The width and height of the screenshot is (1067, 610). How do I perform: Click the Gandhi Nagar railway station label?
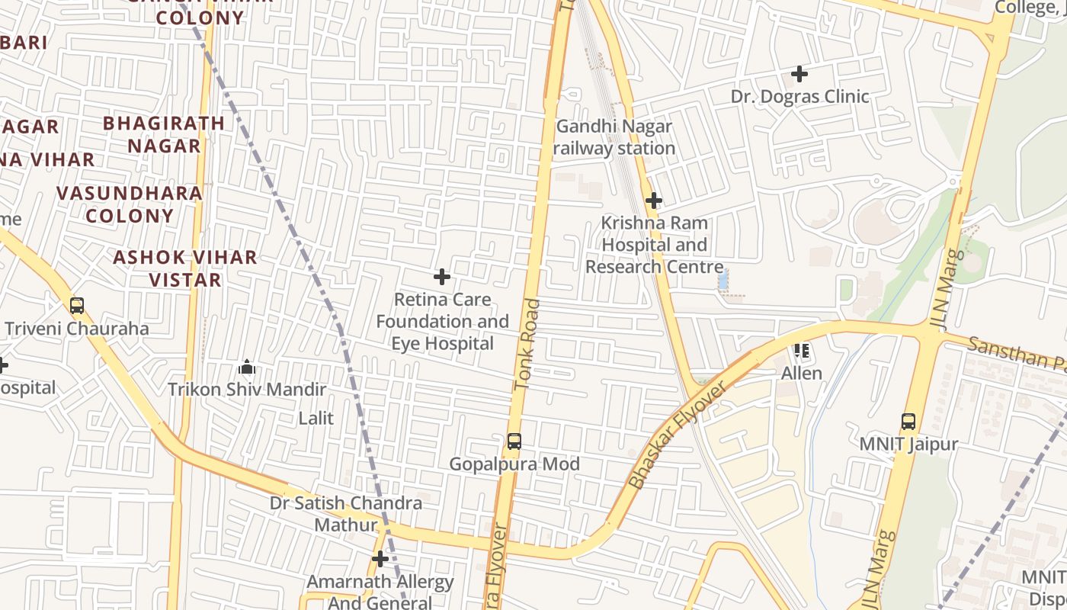614,137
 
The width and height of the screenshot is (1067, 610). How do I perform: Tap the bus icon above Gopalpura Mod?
514,441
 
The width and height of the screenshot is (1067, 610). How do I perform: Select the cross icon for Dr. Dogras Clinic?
799,74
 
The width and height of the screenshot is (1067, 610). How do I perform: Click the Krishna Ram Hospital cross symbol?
653,201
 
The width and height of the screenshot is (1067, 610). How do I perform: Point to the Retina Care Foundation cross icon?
441,277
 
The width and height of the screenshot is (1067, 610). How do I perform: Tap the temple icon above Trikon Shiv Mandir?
246,368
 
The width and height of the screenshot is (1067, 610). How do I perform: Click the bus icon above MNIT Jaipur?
908,422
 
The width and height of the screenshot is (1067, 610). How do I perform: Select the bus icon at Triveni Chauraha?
76,306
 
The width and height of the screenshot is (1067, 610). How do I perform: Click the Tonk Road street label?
527,345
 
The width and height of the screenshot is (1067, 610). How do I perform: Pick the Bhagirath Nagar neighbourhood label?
164,134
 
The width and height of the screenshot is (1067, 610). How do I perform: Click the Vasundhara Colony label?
130,204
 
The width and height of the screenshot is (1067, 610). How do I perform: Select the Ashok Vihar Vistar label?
185,268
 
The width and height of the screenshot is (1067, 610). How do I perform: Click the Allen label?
802,373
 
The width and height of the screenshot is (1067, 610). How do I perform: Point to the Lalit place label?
316,418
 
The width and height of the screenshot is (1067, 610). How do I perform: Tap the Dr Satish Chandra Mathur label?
346,514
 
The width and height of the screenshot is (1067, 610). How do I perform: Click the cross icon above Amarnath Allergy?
380,560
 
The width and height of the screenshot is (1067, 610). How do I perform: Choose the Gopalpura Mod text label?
514,464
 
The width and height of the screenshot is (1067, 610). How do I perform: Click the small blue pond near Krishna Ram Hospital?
723,280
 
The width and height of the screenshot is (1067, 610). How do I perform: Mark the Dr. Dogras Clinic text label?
799,97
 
